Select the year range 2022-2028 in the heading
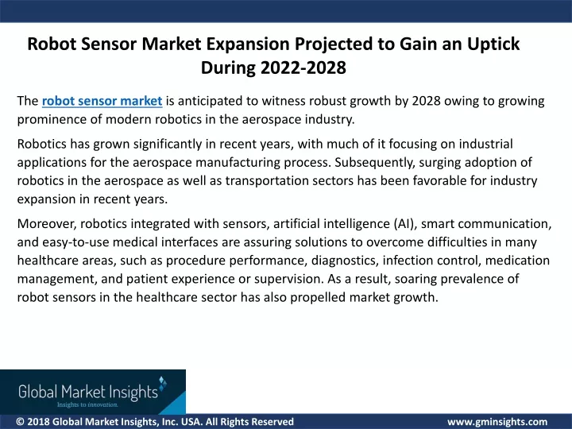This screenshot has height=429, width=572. [303, 68]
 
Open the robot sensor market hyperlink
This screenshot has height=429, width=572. [102, 101]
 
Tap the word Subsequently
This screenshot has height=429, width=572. [375, 163]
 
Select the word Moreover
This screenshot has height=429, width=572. [47, 223]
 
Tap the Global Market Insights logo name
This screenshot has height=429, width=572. [88, 392]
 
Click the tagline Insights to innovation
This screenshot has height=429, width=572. [87, 405]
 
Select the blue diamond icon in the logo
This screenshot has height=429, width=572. [163, 383]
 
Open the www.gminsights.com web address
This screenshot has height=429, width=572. [497, 422]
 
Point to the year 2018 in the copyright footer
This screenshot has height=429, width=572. [38, 422]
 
